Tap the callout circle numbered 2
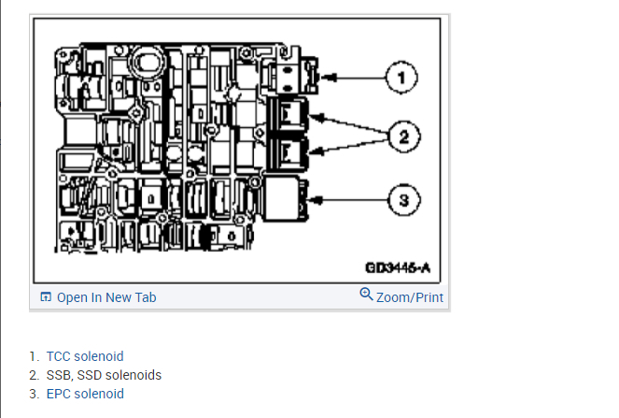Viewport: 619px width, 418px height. click(403, 137)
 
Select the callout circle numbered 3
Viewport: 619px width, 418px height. click(403, 199)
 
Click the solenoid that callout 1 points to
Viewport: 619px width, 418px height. click(292, 75)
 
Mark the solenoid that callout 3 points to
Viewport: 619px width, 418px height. click(286, 198)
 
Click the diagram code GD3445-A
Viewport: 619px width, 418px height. click(398, 268)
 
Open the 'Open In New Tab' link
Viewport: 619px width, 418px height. click(106, 297)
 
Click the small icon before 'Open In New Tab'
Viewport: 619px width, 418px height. click(45, 297)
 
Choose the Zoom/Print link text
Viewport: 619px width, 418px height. click(409, 297)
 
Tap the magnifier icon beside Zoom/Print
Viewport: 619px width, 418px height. click(366, 295)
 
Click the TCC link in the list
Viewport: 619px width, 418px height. click(59, 356)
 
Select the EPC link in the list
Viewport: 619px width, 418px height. click(59, 394)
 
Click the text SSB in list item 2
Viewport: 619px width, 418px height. click(58, 375)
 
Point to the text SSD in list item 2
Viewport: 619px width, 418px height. click(89, 375)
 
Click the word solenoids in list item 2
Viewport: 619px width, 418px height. click(133, 375)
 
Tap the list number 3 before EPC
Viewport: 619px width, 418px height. click(34, 394)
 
